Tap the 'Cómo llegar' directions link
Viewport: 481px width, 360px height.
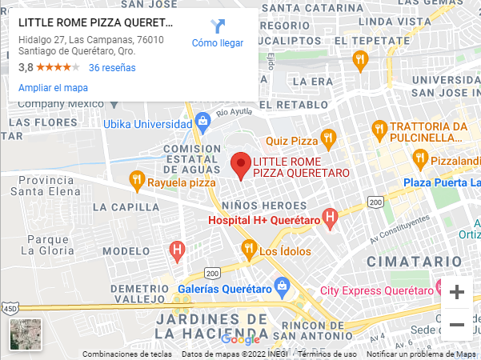(x=217, y=34)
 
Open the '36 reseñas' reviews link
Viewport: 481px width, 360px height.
(x=112, y=68)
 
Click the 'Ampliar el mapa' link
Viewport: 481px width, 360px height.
(x=53, y=88)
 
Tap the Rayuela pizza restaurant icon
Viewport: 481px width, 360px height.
(x=137, y=181)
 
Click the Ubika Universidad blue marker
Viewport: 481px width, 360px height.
(x=202, y=123)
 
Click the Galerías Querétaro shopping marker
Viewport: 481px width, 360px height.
(x=282, y=286)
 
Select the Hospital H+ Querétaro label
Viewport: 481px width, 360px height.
(x=264, y=220)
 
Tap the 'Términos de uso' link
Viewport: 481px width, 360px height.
(x=327, y=354)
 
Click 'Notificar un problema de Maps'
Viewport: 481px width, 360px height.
(x=420, y=354)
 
